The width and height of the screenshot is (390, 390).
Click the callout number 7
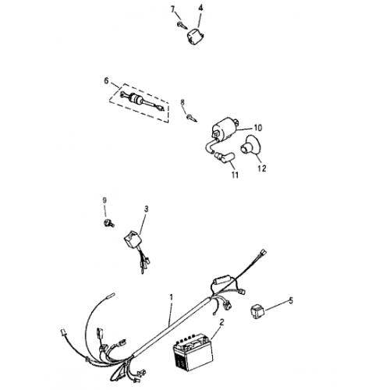(x=174, y=9)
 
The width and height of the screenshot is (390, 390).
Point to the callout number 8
(x=183, y=102)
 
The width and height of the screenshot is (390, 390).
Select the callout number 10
(x=258, y=127)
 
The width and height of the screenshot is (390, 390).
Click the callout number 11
(x=232, y=176)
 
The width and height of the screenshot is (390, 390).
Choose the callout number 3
(x=145, y=209)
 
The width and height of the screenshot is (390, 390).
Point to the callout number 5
(x=291, y=300)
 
